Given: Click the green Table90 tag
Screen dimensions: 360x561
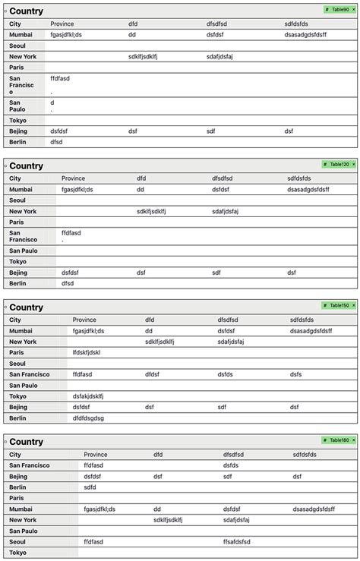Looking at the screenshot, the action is coord(338,10).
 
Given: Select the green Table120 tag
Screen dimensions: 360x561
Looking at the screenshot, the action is coord(338,164).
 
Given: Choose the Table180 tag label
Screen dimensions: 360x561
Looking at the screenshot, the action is coord(338,440).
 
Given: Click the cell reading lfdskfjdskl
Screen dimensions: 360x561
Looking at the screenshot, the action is coord(87,352).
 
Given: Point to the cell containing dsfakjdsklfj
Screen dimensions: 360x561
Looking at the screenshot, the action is coord(88,396).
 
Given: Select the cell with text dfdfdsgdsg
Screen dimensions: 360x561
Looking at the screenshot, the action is coord(88,418).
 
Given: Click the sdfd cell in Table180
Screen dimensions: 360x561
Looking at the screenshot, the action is coord(90,487).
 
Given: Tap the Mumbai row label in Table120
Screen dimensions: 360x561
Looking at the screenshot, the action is coord(21,190).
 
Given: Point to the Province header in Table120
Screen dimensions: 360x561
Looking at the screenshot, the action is coord(74,178).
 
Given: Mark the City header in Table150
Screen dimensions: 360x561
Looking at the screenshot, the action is coord(15,320).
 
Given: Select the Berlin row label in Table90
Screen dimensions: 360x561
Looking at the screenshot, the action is coord(18,141).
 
